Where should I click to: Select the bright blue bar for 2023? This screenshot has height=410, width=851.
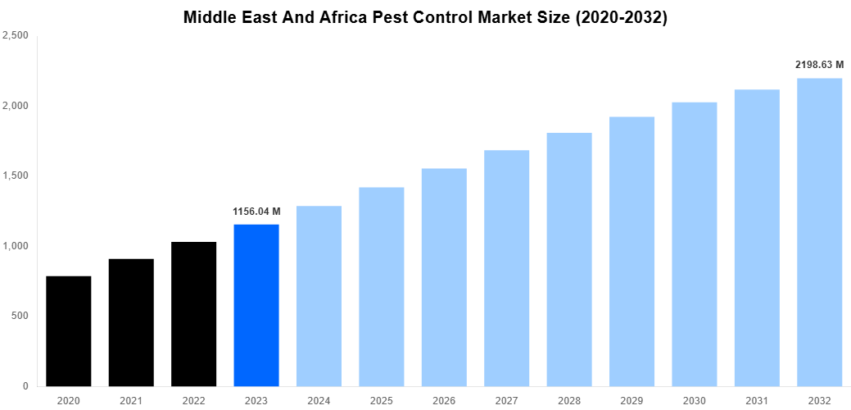(256, 305)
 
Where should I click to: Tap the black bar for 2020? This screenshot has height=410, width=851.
(69, 331)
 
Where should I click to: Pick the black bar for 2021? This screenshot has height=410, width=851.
(131, 322)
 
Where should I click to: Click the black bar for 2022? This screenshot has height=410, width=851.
(194, 314)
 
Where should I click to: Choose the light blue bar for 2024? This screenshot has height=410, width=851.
(319, 296)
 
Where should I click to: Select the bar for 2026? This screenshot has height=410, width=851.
(444, 277)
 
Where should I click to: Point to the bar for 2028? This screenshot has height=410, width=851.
(569, 259)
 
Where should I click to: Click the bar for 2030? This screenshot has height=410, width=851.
(695, 244)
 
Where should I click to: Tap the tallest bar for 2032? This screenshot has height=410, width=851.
(819, 232)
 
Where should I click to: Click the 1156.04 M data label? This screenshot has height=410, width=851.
(256, 212)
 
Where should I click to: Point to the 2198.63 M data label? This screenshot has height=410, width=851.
(819, 64)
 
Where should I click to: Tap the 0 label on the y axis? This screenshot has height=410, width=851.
(26, 386)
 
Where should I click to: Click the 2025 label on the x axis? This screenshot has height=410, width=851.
(382, 399)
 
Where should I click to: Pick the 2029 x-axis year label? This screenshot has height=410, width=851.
(631, 399)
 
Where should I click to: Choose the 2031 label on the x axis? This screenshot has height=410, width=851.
(757, 399)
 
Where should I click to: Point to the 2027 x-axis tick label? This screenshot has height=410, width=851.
(506, 399)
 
